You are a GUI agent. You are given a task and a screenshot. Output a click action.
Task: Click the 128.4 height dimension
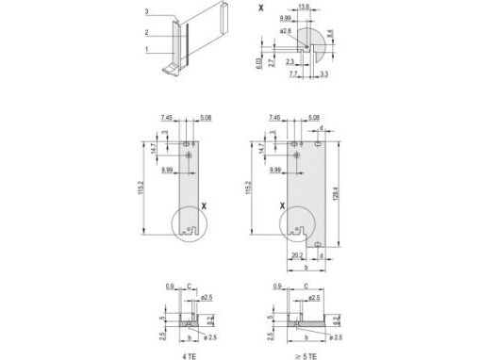coord(335,192)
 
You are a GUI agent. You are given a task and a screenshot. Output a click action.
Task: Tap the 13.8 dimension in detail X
coord(304,7)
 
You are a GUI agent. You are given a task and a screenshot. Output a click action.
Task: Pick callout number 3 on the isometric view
coord(148,10)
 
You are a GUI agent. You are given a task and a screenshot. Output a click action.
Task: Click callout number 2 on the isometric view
coord(148,31)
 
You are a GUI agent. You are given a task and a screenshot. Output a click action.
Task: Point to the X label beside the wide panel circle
coord(280,205)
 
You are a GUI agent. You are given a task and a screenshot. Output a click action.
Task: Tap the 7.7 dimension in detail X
coord(292,74)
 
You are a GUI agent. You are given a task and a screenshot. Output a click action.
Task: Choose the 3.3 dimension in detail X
coord(323,74)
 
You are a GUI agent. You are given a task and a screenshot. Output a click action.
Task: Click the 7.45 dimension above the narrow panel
coord(167,119)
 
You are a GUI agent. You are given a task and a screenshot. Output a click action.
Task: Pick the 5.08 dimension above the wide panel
coord(314,119)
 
